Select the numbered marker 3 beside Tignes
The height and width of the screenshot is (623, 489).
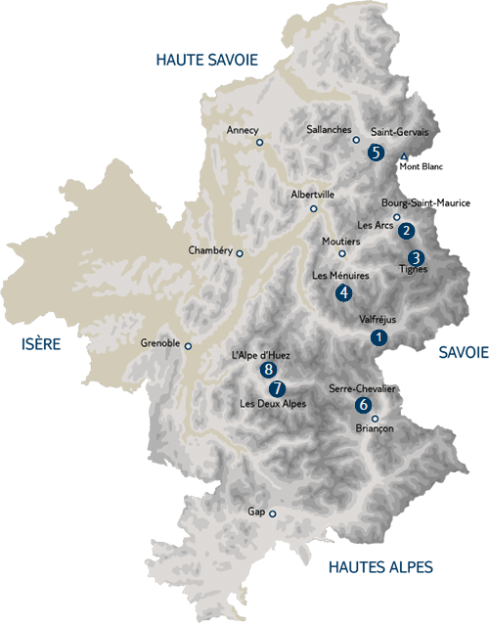(x=416, y=258)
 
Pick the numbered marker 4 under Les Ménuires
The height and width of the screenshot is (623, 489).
(x=343, y=291)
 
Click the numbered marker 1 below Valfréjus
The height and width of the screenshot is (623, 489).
(x=378, y=336)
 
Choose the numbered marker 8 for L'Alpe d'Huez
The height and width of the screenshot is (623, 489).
(x=269, y=370)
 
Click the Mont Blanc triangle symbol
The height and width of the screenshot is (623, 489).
(x=404, y=156)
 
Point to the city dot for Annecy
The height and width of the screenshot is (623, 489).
(x=260, y=143)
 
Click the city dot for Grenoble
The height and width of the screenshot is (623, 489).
(x=189, y=345)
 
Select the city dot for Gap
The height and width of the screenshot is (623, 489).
(x=274, y=513)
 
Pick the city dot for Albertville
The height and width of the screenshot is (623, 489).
(x=314, y=208)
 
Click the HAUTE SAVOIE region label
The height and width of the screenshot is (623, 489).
(x=206, y=60)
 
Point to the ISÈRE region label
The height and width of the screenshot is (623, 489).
(x=40, y=344)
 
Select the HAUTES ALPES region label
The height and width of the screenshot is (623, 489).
(x=380, y=566)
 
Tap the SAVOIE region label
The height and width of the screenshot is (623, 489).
(x=463, y=351)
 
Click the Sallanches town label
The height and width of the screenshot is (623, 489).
(x=327, y=128)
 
